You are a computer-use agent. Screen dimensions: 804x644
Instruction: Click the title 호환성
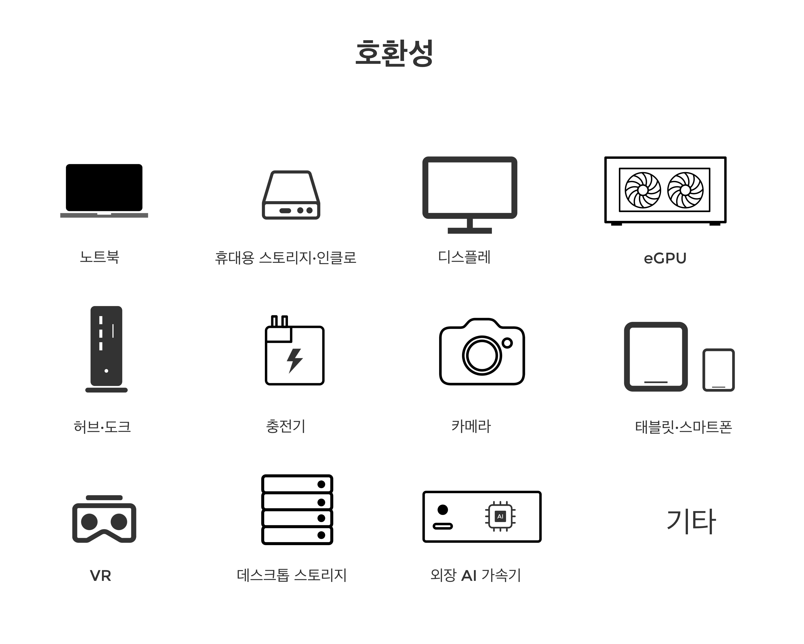tap(394, 53)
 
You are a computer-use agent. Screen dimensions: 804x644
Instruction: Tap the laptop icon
tap(104, 190)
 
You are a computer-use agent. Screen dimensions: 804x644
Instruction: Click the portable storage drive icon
tap(291, 195)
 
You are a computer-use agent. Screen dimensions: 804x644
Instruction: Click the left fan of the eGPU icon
tap(643, 190)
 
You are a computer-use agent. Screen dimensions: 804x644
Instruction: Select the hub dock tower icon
tap(106, 349)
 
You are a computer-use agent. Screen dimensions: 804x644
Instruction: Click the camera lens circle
tap(482, 355)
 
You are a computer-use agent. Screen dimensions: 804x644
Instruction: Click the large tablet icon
tap(656, 357)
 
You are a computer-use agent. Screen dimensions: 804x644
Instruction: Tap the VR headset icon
tap(104, 519)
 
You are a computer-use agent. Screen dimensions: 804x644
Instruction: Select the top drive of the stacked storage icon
tap(297, 484)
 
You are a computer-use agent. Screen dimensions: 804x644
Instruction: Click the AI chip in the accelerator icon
tap(500, 516)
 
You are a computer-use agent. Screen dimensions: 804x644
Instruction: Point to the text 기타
tap(691, 521)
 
